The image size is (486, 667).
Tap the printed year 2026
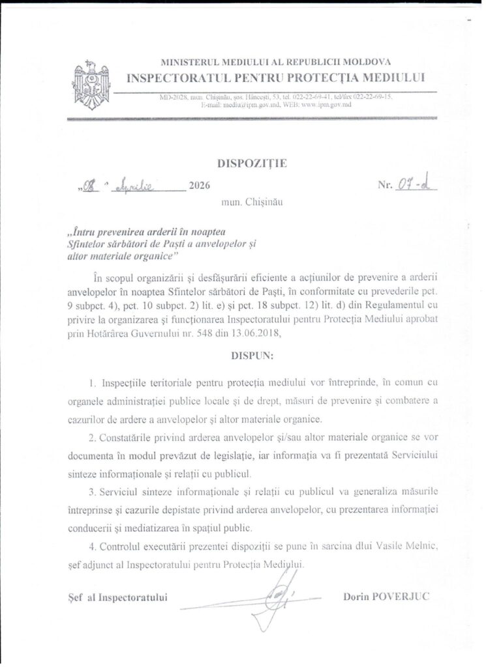[199, 186]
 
